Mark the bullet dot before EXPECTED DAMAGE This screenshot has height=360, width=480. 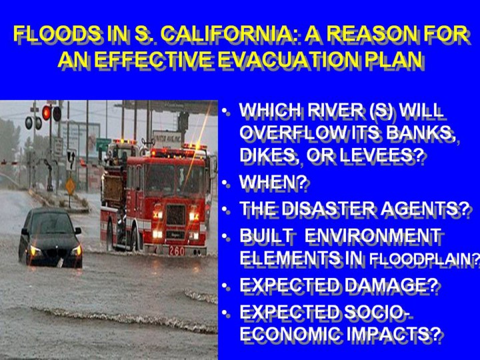[x=226, y=287]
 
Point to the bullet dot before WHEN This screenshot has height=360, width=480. [x=226, y=183]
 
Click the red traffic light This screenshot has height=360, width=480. [x=46, y=113]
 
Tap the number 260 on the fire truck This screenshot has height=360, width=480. [x=177, y=251]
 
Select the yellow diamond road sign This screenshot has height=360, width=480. [x=71, y=186]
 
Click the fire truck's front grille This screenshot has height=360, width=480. [x=176, y=215]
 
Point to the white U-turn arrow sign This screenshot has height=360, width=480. [x=71, y=160]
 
